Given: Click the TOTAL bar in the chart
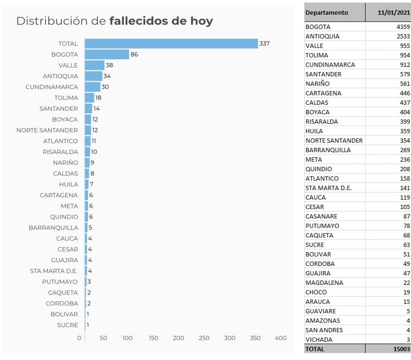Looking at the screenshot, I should [x=171, y=44].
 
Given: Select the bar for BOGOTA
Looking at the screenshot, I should [x=107, y=54].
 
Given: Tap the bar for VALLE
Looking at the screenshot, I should [x=94, y=65].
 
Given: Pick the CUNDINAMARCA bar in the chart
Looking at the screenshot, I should [x=92, y=87].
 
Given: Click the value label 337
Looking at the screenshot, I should [x=264, y=44].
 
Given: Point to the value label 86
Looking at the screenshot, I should [x=134, y=54].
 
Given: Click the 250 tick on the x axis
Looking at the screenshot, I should [x=204, y=338].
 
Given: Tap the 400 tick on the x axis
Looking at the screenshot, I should [x=281, y=338].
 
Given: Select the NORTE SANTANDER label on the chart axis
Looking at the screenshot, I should [x=47, y=130].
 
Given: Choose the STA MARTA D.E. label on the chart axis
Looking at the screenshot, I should [x=54, y=271].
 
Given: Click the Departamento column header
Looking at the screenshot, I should [x=327, y=13].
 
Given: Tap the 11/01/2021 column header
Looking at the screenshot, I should [x=394, y=13].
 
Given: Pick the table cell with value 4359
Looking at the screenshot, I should [x=403, y=27].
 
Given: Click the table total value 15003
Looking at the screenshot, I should [x=402, y=349].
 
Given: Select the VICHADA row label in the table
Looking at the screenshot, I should [x=319, y=340].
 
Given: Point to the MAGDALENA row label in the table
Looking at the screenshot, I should [x=324, y=283].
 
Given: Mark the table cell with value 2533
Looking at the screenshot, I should [x=403, y=36].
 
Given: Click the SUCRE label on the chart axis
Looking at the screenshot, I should [x=68, y=325].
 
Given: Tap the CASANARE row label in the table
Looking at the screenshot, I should [x=321, y=216].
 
